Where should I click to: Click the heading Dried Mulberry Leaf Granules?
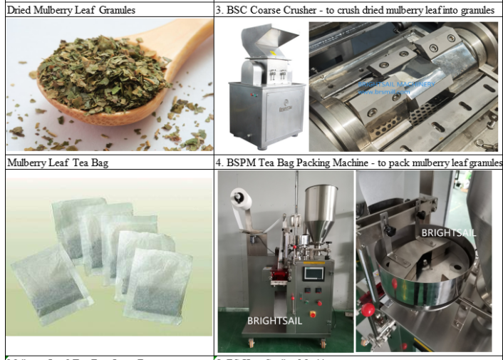[x=71, y=10]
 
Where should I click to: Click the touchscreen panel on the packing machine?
[x=313, y=274]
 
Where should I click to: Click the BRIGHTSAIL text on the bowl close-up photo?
[x=447, y=232]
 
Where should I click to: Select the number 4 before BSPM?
[x=219, y=163]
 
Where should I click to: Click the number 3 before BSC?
[x=219, y=10]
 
